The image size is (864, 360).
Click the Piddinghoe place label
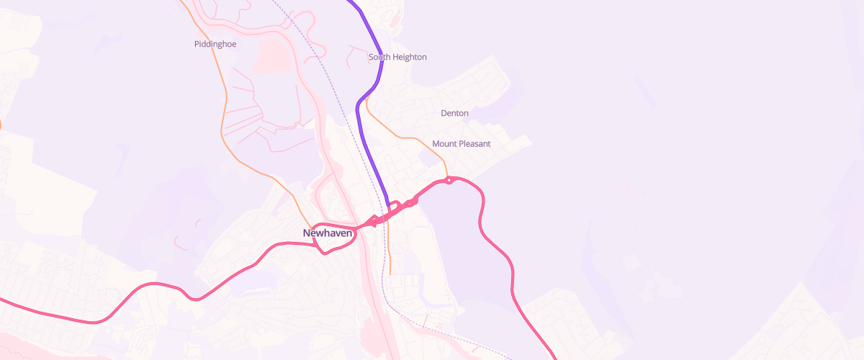[215, 44]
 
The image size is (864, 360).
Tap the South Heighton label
[397, 57]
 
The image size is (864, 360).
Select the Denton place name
[454, 113]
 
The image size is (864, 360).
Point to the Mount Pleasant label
[461, 144]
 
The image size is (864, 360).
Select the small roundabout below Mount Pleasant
[449, 179]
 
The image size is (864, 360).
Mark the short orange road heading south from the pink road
[390, 252]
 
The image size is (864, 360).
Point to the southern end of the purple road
[389, 204]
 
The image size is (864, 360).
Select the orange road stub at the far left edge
[1, 125]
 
